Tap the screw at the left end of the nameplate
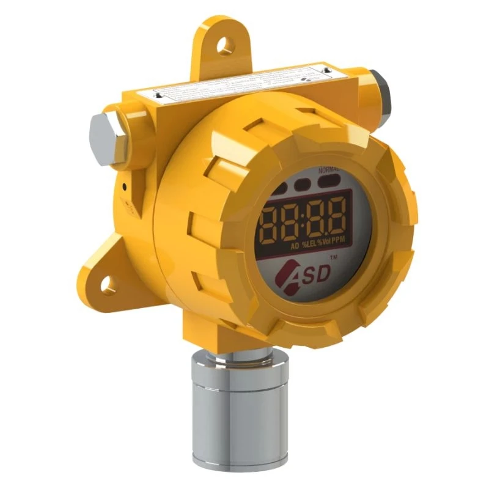(x=158, y=95)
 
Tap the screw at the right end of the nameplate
(x=326, y=73)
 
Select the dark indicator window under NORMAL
(x=328, y=181)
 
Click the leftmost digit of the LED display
(x=271, y=221)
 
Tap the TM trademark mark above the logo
(x=333, y=259)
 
